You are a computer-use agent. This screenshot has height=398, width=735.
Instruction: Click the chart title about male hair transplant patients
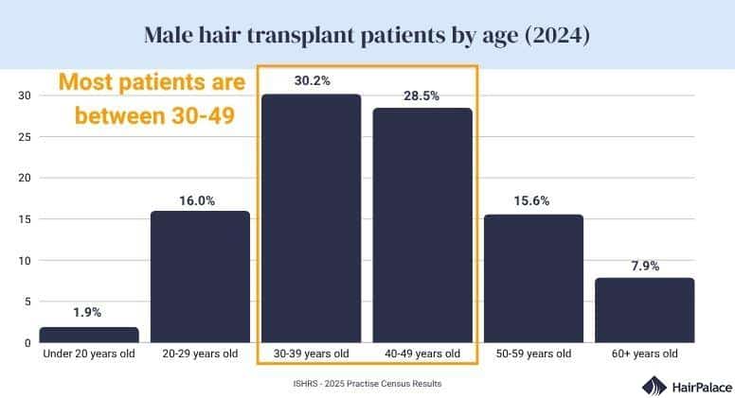coord(367,36)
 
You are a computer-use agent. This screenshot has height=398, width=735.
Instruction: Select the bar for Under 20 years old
coord(89,335)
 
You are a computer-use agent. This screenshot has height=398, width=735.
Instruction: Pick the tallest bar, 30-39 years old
coord(311,217)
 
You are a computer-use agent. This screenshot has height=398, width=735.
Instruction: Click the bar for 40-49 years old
coord(421,225)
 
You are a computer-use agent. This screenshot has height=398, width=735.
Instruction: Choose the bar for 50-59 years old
coord(533,278)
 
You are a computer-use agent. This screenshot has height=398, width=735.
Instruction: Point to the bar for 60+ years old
coord(644,310)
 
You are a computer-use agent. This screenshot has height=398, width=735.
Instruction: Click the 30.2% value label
coord(312,81)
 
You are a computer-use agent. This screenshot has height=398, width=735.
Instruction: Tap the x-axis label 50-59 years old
coord(533,354)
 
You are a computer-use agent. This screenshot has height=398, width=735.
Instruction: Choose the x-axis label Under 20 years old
coord(89,354)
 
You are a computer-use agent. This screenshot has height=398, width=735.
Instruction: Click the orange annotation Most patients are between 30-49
coord(152,99)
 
